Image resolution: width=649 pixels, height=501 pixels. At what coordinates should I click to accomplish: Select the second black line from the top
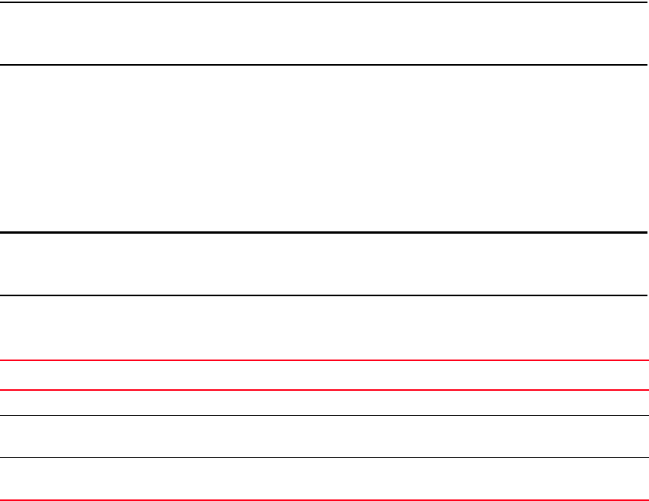coord(324,65)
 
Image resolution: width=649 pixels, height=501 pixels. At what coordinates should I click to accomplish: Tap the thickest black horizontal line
coord(324,232)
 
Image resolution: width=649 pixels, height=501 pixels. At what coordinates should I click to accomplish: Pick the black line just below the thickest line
coord(324,295)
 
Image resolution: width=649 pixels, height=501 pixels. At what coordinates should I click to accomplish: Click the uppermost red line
coord(324,360)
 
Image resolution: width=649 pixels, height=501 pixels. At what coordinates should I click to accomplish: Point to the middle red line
coord(324,389)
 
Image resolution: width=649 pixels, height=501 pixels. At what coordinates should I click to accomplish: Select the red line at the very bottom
coord(324,499)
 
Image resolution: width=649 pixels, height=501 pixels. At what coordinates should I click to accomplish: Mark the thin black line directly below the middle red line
coord(324,415)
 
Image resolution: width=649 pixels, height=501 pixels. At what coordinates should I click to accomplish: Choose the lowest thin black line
coord(324,458)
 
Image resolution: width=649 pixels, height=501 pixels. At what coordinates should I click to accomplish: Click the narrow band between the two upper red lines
coord(324,375)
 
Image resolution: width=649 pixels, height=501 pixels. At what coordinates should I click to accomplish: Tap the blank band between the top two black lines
coord(324,34)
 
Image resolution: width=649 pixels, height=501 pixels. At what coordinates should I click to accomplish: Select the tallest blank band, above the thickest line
coord(324,149)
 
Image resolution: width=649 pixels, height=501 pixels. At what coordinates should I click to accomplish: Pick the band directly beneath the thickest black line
coord(324,264)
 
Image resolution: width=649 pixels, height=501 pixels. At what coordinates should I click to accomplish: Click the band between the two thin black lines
coord(324,436)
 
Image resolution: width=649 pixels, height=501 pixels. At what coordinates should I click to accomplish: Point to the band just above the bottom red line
coord(324,479)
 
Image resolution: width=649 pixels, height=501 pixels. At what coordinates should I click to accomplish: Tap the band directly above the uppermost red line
coord(324,328)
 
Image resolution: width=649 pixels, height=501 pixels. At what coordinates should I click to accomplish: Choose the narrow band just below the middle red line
coord(324,403)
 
